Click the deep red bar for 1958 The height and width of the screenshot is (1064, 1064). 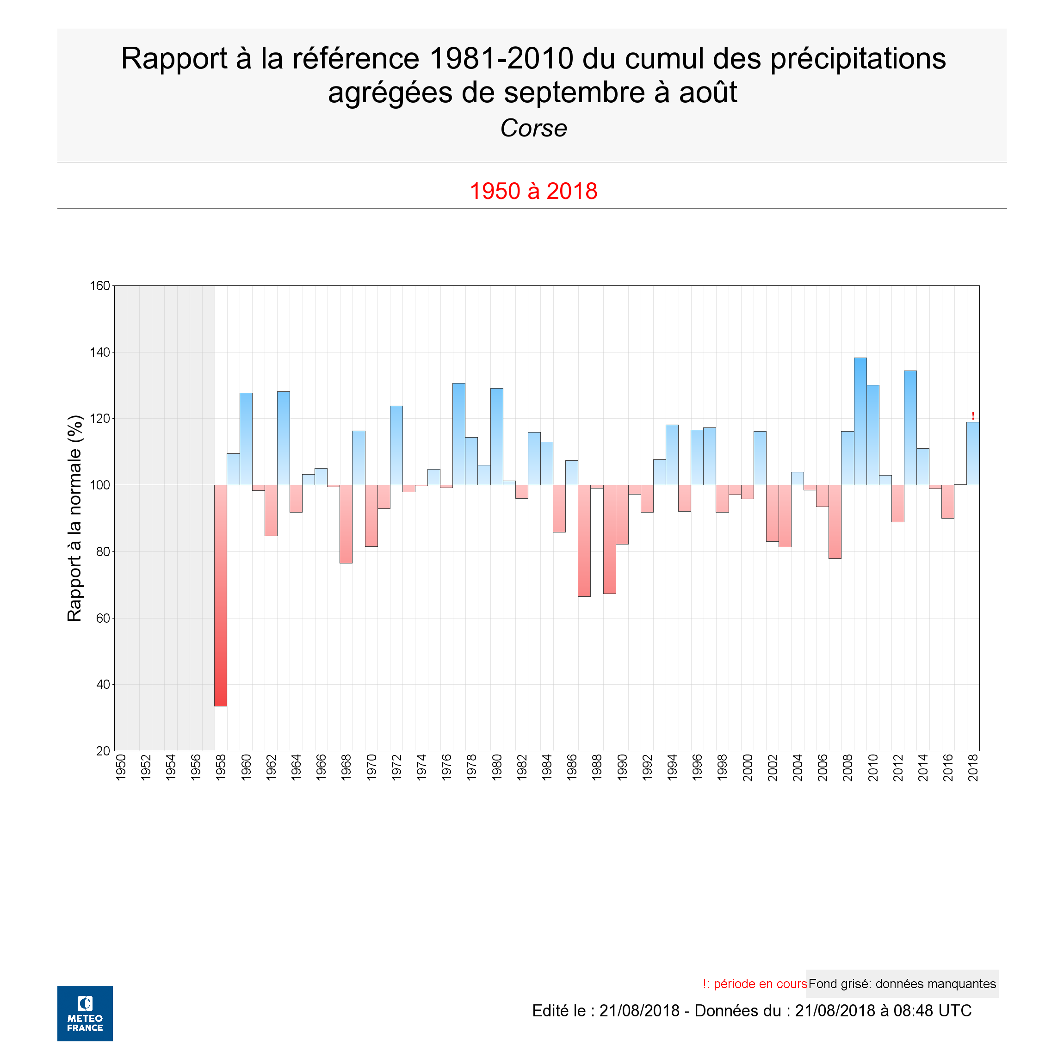coord(220,595)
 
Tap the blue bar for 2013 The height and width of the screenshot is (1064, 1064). coord(910,428)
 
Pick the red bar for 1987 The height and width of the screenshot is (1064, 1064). coord(584,540)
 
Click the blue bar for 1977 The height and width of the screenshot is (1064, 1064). coord(459,434)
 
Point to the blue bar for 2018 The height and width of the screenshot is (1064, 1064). coord(972,453)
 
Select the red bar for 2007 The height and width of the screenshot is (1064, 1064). coord(835,521)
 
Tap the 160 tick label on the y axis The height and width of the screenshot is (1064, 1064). coord(99,286)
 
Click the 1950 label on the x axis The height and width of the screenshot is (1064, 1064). coord(121,767)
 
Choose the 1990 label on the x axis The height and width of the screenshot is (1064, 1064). coord(622,767)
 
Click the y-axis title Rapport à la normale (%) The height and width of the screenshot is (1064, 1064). coord(74,518)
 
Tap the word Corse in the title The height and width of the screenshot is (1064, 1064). coord(533,128)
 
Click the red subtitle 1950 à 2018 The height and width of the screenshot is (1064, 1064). coord(533,191)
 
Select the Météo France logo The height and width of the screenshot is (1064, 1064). coord(85,1013)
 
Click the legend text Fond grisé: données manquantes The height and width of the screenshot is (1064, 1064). coord(902,984)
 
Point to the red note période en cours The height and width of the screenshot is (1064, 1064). coord(760,984)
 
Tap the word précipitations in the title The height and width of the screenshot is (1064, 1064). coord(858,58)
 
